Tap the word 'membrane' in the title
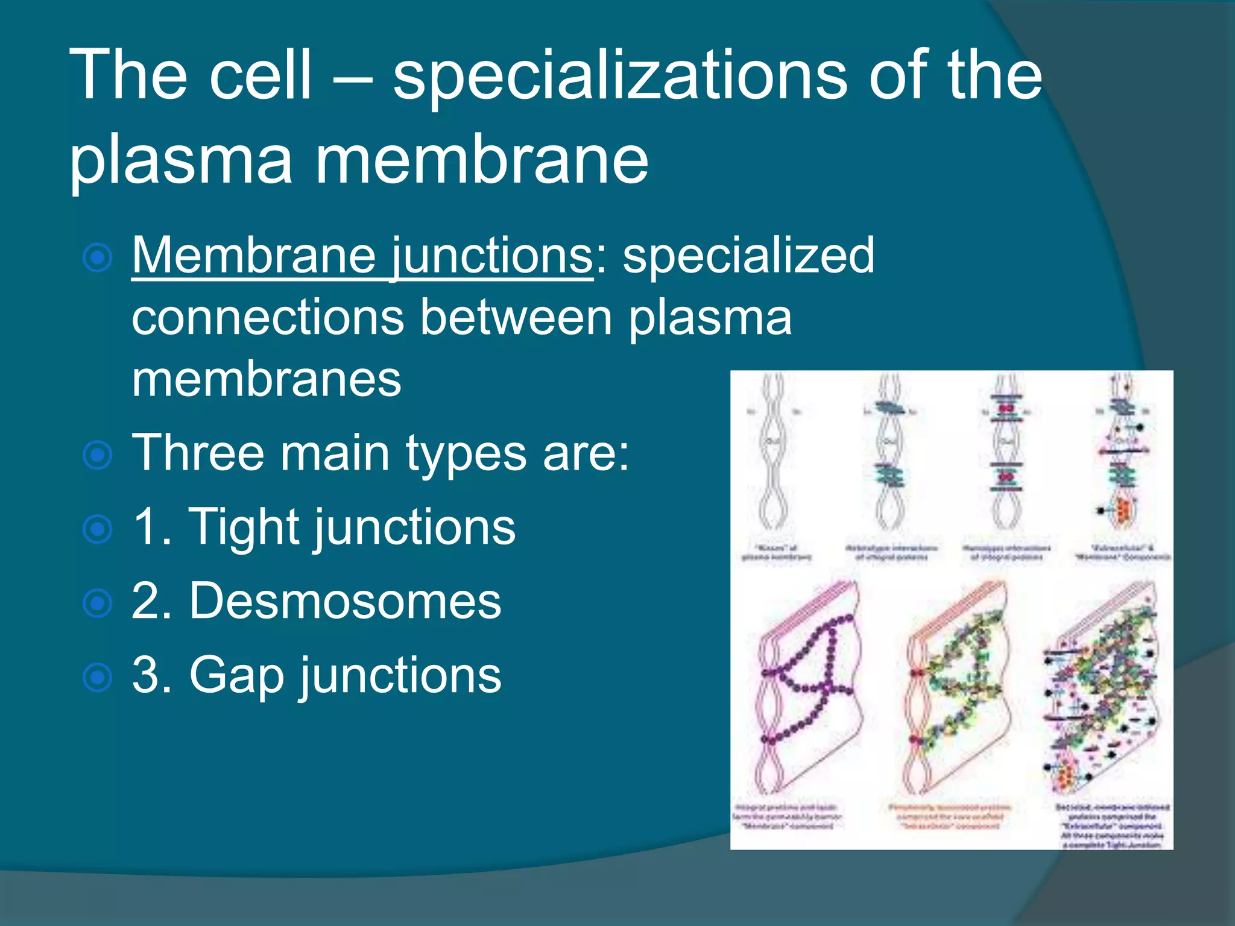pyautogui.click(x=481, y=160)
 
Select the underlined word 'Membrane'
pyautogui.click(x=254, y=256)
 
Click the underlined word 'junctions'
pyautogui.click(x=491, y=256)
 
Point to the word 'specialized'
pyautogui.click(x=748, y=256)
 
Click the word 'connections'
pyautogui.click(x=268, y=318)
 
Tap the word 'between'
pyautogui.click(x=516, y=318)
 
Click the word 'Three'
pyautogui.click(x=198, y=453)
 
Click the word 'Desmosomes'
pyautogui.click(x=345, y=601)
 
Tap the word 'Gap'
pyautogui.click(x=236, y=676)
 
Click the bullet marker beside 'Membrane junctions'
pyautogui.click(x=98, y=259)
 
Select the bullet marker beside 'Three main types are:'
pyautogui.click(x=98, y=455)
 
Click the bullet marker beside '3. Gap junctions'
pyautogui.click(x=98, y=678)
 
